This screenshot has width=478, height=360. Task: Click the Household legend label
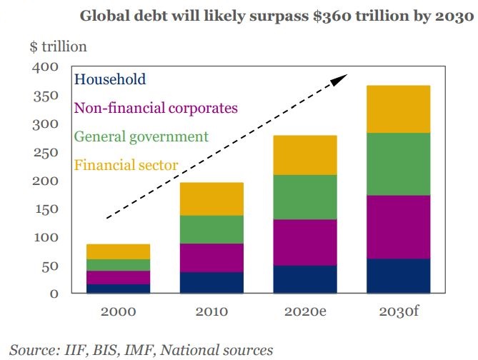point(110,79)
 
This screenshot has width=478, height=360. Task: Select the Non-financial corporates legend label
point(156,108)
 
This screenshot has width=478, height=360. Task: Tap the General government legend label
point(141,136)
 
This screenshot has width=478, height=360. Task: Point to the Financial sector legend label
point(126,166)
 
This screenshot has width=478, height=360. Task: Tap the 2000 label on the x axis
point(118,311)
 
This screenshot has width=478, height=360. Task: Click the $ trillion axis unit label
point(58,47)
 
